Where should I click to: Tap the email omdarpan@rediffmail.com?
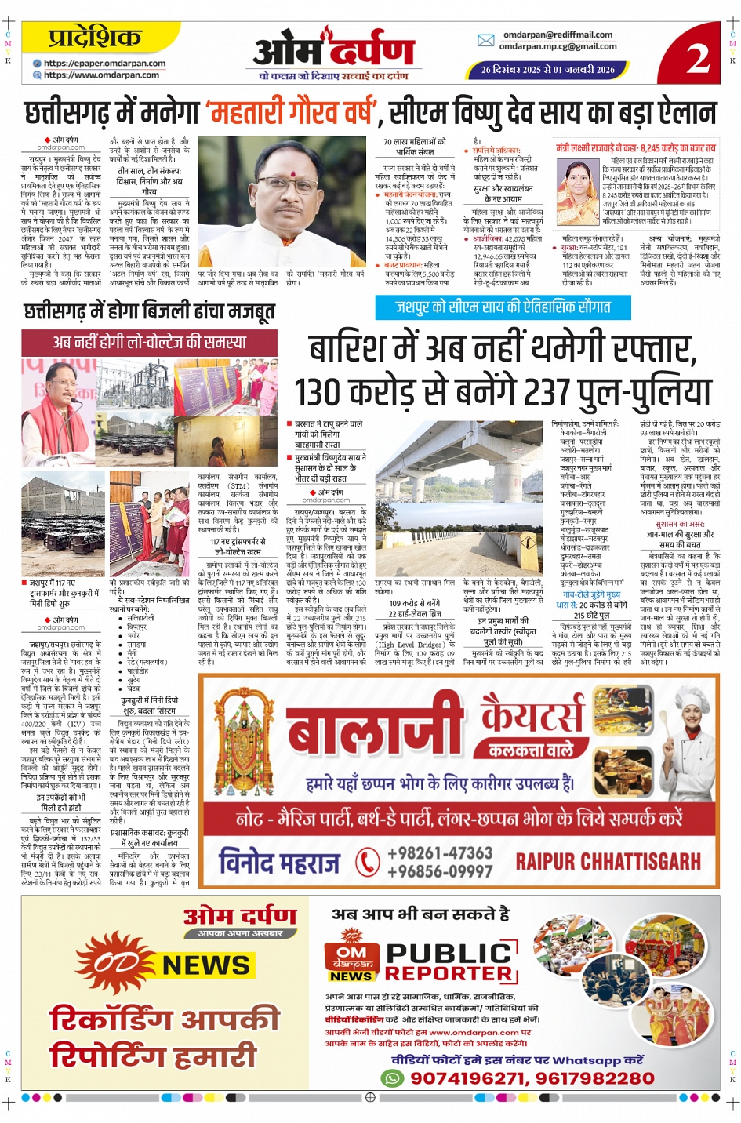[558, 35]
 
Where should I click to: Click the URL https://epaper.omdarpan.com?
[104, 64]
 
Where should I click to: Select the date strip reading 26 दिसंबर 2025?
[547, 70]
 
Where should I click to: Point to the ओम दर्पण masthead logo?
[332, 50]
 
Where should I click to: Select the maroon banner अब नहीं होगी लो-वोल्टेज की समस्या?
[149, 341]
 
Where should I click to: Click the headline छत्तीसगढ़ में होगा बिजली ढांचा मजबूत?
[149, 311]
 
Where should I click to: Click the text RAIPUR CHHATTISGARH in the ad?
[608, 861]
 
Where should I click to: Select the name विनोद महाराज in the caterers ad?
[280, 862]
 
